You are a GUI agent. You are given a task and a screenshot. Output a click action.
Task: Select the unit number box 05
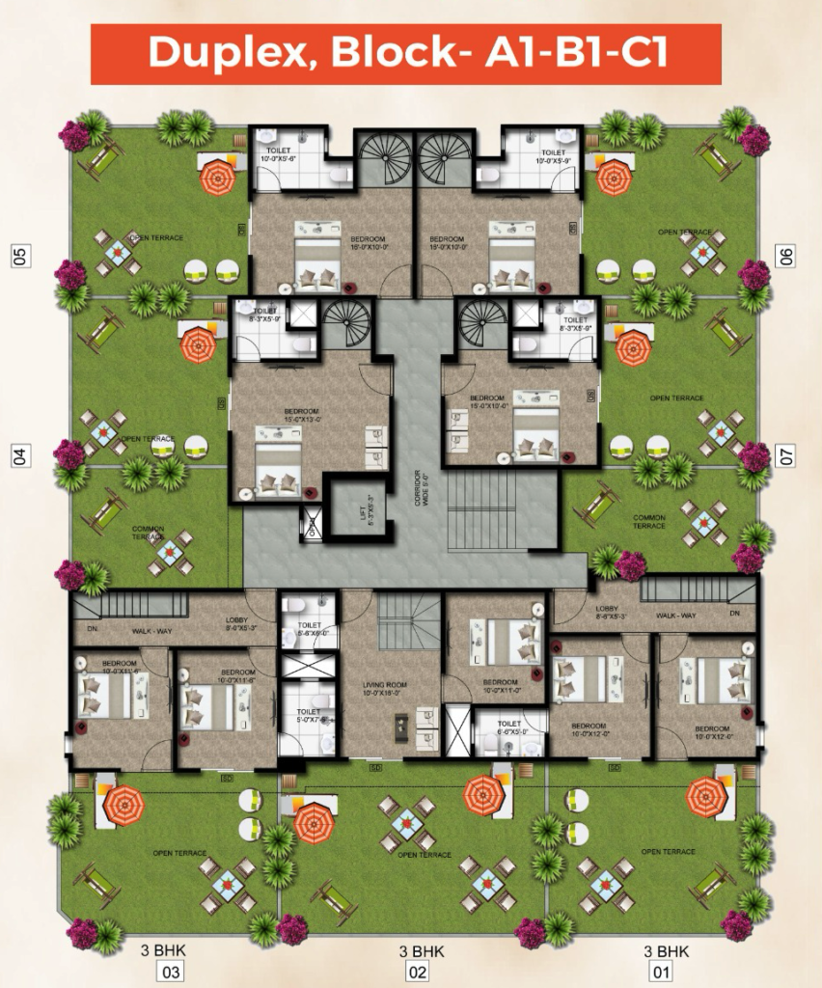click(18, 256)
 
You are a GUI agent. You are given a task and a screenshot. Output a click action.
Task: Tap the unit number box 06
click(786, 256)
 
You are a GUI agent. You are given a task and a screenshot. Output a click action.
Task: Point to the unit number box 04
click(18, 455)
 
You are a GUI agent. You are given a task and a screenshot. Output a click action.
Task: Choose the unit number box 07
click(786, 455)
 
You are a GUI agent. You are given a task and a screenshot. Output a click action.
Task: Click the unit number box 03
click(172, 971)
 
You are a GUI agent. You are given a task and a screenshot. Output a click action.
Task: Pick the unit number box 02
click(417, 971)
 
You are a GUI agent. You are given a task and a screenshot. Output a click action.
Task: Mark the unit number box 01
click(661, 971)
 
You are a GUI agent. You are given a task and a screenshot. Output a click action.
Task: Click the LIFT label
click(364, 508)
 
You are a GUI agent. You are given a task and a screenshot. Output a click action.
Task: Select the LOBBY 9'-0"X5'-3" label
click(238, 625)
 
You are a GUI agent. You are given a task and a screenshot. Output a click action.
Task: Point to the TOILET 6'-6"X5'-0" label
click(508, 728)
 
